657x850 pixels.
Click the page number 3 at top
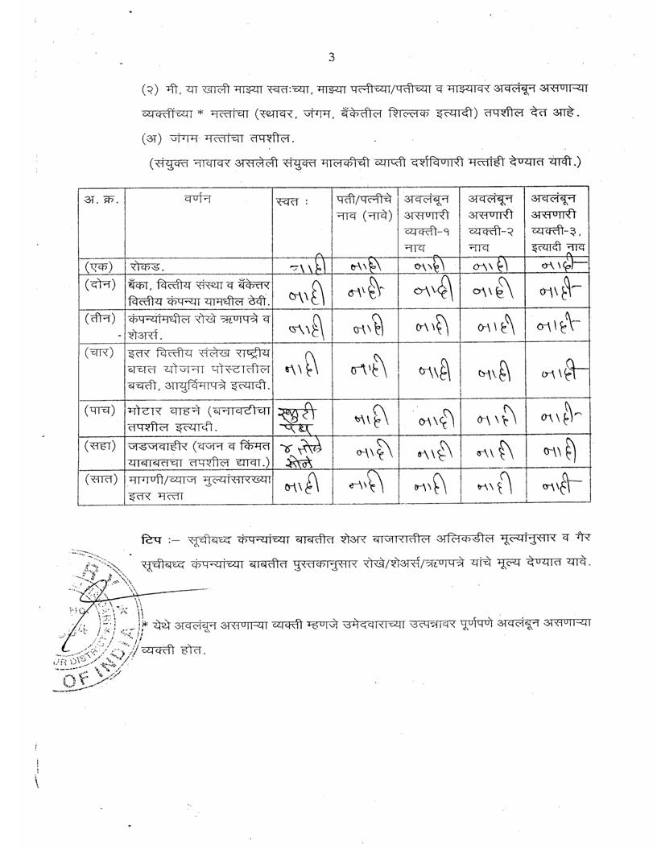[x=331, y=56]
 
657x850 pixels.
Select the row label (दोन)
[x=100, y=284]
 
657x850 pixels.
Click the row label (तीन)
[x=100, y=319]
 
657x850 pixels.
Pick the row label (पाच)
[x=100, y=411]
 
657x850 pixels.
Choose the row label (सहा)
[x=100, y=445]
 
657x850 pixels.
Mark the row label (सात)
[x=100, y=481]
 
